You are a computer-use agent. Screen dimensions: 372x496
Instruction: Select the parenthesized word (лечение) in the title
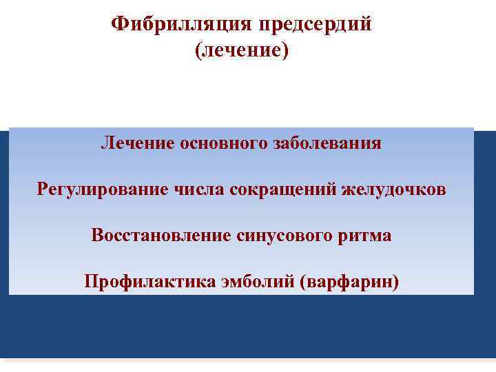pos(241,50)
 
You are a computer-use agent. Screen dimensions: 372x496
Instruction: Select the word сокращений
pos(282,189)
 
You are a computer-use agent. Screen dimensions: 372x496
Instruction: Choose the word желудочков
pos(393,189)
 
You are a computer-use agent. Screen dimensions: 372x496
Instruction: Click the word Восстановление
pos(159,236)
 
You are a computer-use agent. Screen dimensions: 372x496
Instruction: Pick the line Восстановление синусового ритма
pos(241,236)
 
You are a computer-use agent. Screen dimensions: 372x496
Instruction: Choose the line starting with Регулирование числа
pos(241,189)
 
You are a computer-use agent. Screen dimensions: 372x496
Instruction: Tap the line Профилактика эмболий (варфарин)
pos(241,282)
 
